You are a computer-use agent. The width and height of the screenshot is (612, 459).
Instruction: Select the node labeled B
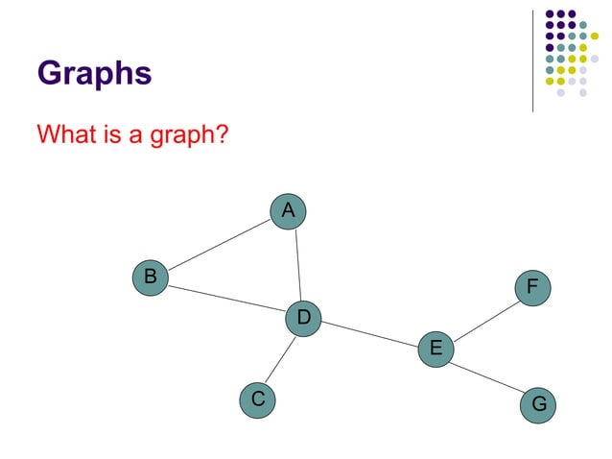tap(150, 277)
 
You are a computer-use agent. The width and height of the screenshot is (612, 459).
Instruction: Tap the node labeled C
tap(256, 398)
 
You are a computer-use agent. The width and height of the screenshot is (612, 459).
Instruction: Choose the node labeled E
tap(435, 348)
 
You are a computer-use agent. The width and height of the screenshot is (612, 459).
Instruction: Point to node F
tap(532, 287)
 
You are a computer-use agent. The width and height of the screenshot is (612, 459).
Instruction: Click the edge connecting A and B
tap(219, 243)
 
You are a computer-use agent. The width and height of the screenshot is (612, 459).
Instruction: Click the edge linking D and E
tap(369, 333)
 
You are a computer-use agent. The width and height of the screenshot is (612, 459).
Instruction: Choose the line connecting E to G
tap(487, 376)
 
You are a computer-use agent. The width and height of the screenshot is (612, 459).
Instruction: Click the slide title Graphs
tap(94, 74)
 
